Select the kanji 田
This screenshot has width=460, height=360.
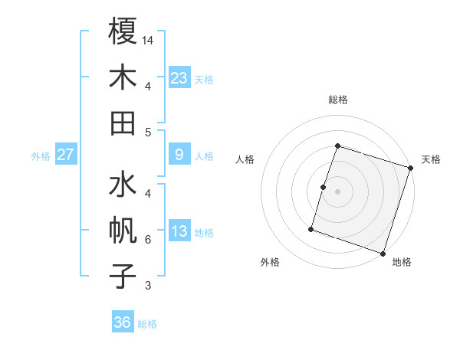123,122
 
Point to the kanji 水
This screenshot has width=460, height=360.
123,186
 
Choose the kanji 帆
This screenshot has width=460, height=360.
123,231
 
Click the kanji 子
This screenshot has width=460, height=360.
123,276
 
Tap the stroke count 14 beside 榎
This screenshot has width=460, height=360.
149,40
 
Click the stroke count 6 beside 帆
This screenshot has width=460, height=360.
147,240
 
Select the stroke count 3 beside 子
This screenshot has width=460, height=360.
147,286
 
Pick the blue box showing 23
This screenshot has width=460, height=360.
179,77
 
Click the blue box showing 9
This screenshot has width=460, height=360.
179,155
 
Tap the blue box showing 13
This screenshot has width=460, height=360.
179,231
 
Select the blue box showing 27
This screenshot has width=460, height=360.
66,155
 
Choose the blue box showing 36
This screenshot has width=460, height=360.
123,322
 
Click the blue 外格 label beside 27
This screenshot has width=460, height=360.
41,156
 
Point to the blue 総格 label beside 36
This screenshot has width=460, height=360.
147,324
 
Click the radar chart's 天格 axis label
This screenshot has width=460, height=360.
431,159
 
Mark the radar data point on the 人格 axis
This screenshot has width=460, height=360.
324,187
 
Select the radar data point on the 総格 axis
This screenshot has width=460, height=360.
337,146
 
